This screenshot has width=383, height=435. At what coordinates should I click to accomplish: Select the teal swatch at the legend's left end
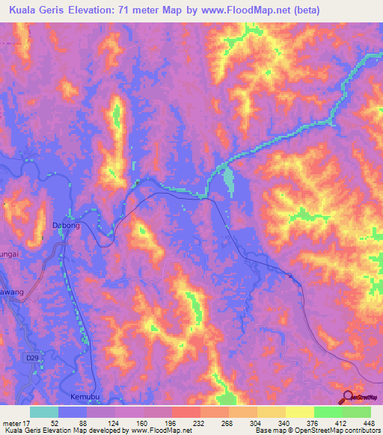click(44, 412)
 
